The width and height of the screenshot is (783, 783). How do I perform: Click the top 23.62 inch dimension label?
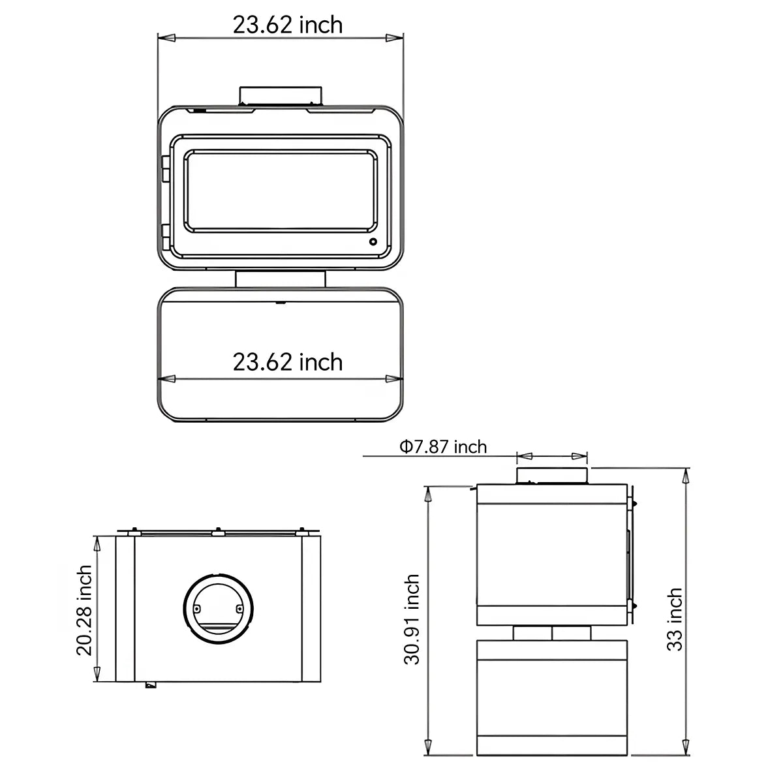[288, 25]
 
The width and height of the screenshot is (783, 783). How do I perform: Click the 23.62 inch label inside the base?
[288, 362]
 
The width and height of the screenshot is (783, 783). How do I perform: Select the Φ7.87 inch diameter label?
[443, 447]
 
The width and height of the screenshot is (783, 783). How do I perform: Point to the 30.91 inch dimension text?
[412, 619]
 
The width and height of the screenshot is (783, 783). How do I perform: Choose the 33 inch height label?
[675, 619]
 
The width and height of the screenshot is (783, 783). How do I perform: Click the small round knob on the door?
[373, 242]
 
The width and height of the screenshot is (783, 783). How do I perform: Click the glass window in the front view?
[281, 191]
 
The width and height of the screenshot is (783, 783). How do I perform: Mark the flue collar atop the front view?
[281, 95]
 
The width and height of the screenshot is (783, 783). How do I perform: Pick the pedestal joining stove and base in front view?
[281, 279]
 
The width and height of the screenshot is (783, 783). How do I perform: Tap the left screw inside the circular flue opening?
[196, 609]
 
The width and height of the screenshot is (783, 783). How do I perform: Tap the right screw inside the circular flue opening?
[240, 609]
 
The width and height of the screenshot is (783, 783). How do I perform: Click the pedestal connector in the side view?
[552, 632]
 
